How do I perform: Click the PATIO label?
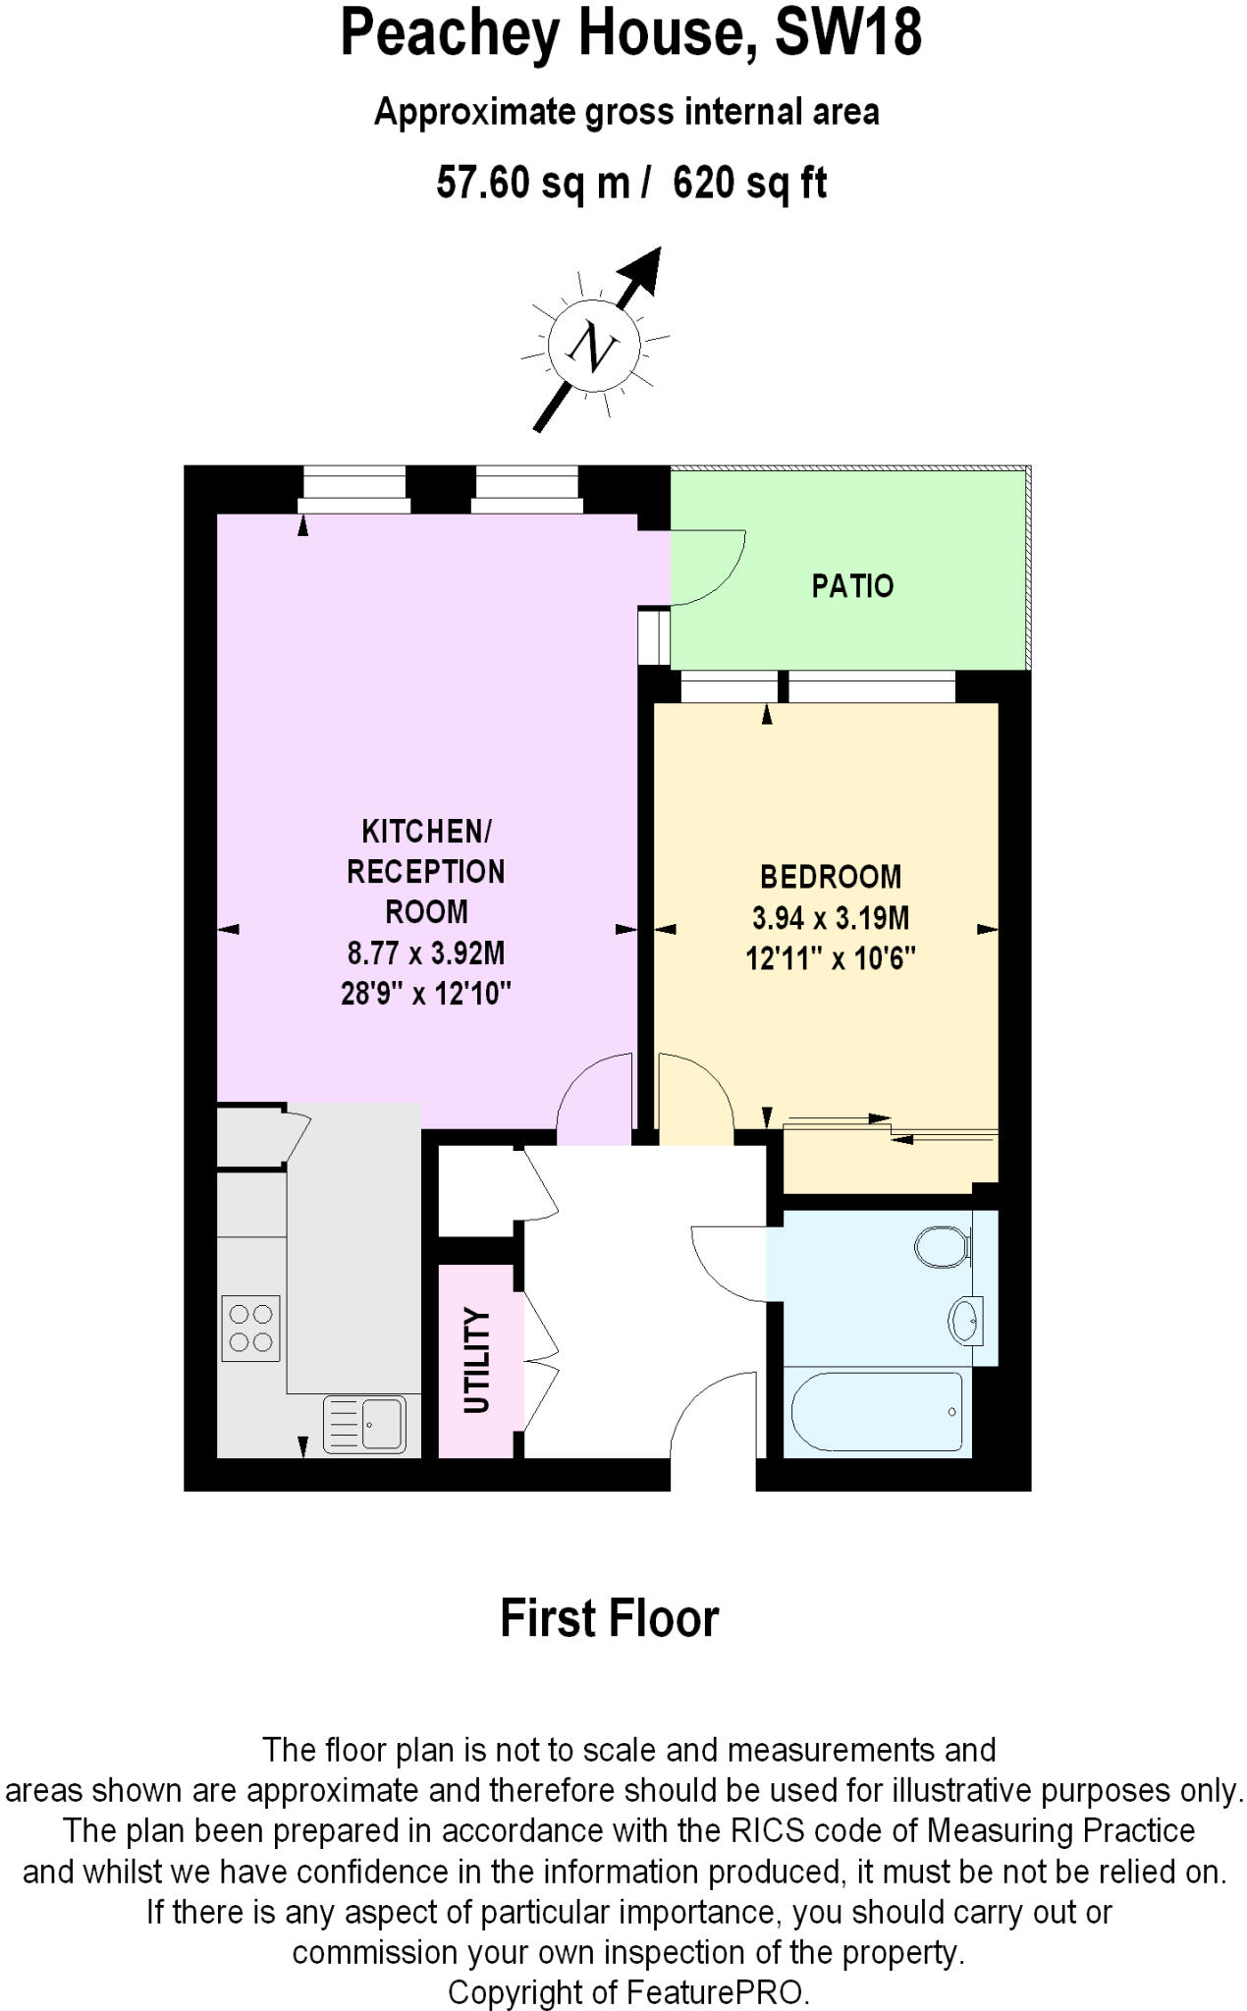click(851, 586)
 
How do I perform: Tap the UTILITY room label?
click(476, 1360)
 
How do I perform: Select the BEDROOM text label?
click(831, 876)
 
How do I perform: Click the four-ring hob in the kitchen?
click(250, 1328)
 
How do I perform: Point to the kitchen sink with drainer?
click(364, 1424)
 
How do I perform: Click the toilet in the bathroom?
click(941, 1247)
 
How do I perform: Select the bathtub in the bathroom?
click(877, 1412)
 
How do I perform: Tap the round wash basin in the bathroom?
click(964, 1320)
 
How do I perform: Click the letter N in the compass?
click(594, 347)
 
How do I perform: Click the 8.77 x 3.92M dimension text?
click(425, 952)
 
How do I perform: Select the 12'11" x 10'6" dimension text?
click(831, 957)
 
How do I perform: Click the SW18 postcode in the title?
click(848, 32)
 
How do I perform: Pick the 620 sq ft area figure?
click(749, 183)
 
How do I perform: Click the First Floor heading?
click(609, 1618)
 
